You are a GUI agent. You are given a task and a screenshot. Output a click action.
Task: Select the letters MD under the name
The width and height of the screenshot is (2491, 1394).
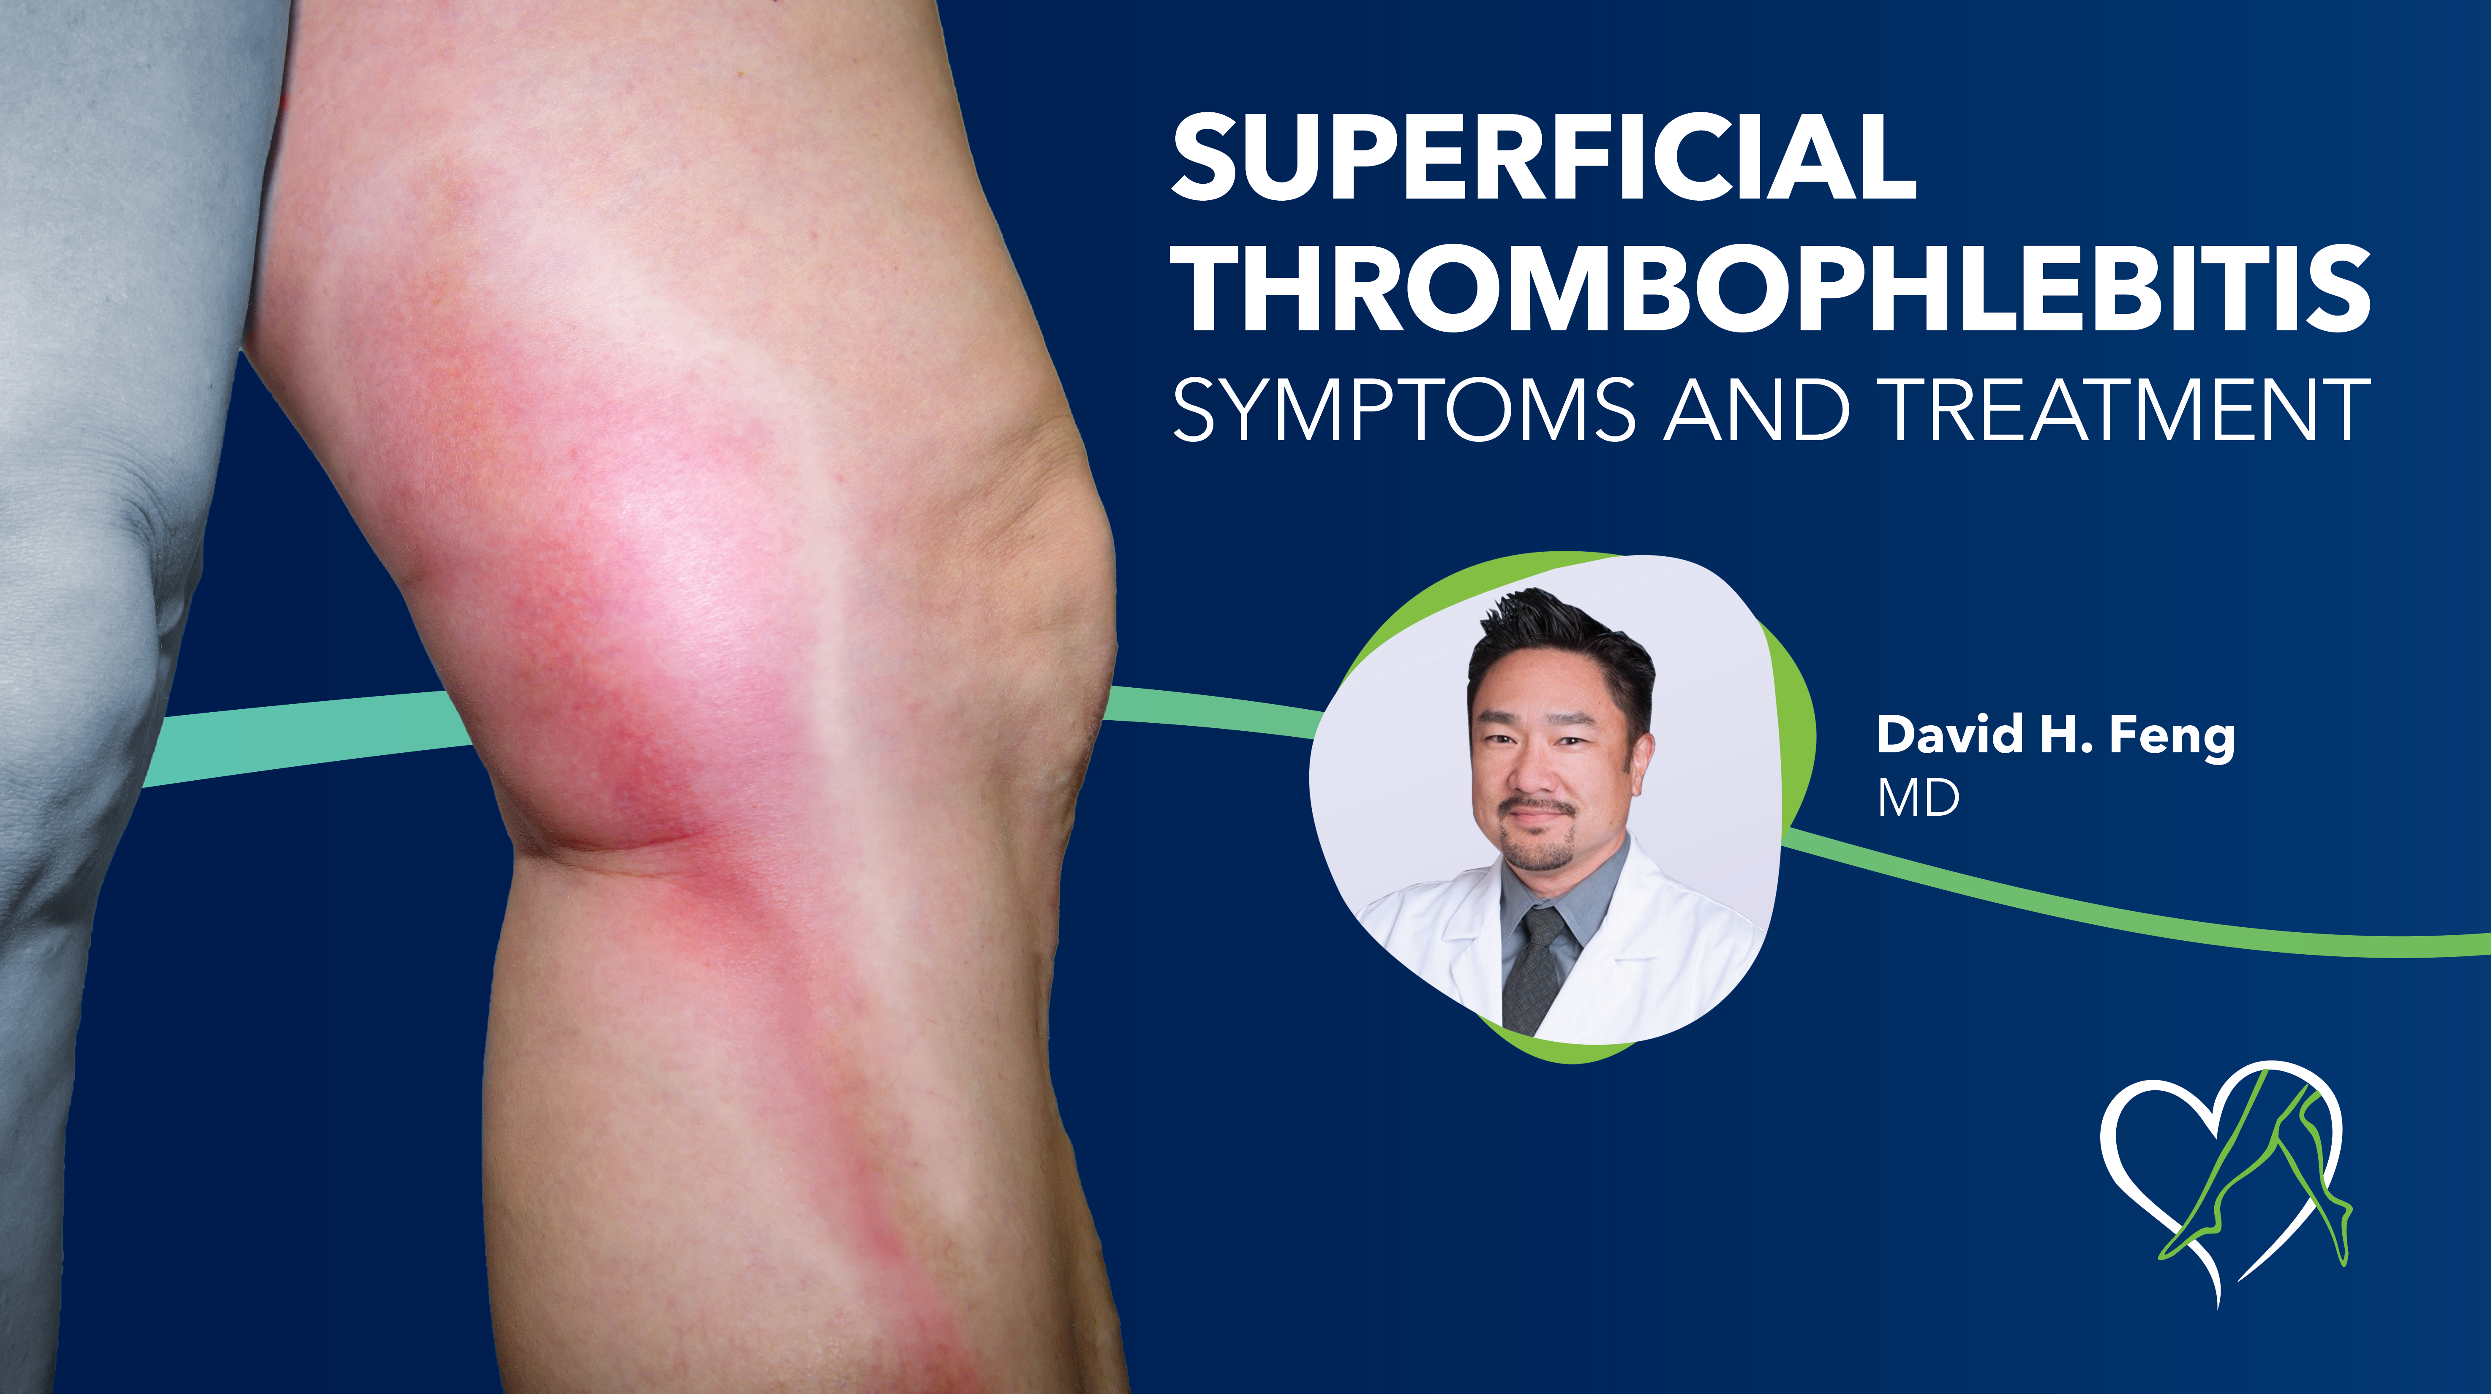(1919, 798)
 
